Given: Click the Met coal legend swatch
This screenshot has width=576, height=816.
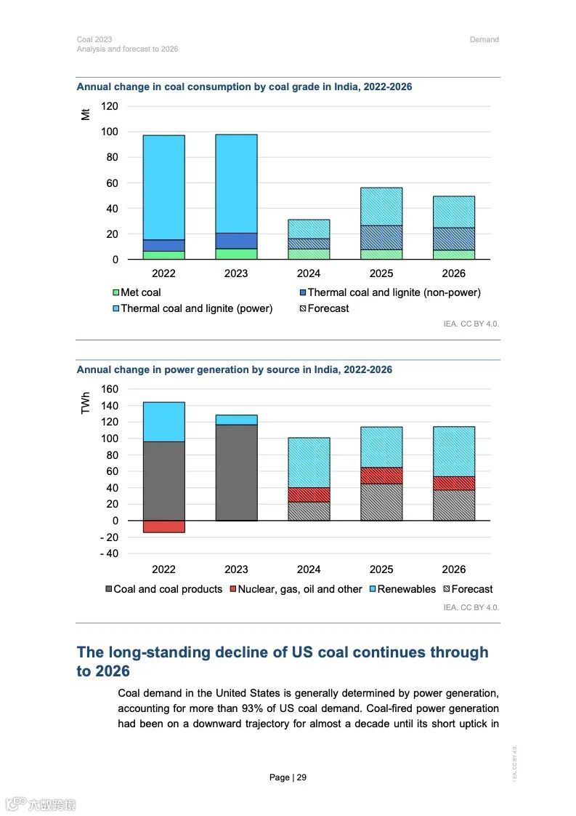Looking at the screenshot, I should (x=115, y=292).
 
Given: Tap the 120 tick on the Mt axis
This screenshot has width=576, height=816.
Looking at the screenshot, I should (x=109, y=106).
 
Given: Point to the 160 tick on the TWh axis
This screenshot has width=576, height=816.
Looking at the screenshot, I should (x=109, y=389).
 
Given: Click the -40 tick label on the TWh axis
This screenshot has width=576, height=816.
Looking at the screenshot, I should (x=108, y=553).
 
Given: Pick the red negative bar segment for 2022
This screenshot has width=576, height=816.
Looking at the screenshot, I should (x=163, y=527).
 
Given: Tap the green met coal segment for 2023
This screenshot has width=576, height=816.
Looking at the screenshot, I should (x=236, y=254).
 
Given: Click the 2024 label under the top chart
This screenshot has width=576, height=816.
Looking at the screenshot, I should (x=309, y=273).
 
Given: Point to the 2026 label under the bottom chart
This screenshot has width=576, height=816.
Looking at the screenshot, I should (x=454, y=569).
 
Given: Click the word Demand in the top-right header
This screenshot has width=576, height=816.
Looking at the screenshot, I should (x=484, y=39).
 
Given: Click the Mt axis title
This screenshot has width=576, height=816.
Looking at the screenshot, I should (x=86, y=113).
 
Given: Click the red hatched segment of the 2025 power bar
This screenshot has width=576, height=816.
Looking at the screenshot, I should (x=381, y=476).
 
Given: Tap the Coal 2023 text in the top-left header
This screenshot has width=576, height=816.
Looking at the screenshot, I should (x=94, y=39).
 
